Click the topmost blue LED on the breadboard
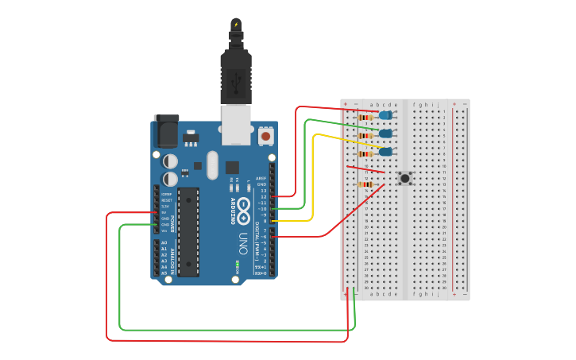pyautogui.click(x=385, y=115)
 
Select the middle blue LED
pyautogui.click(x=385, y=134)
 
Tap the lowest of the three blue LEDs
pyautogui.click(x=385, y=152)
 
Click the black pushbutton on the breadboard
pyautogui.click(x=405, y=178)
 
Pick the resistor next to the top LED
pyautogui.click(x=365, y=118)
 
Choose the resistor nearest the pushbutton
pyautogui.click(x=365, y=184)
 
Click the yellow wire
pyautogui.click(x=313, y=175)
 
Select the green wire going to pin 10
pyautogui.click(x=305, y=159)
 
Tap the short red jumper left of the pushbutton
pyautogui.click(x=365, y=169)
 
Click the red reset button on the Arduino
pyautogui.click(x=266, y=137)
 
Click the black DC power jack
pyautogui.click(x=166, y=131)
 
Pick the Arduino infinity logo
pyautogui.click(x=242, y=208)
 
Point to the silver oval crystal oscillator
pyautogui.click(x=212, y=165)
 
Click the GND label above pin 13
pyautogui.click(x=261, y=184)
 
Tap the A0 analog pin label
pyautogui.click(x=164, y=242)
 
